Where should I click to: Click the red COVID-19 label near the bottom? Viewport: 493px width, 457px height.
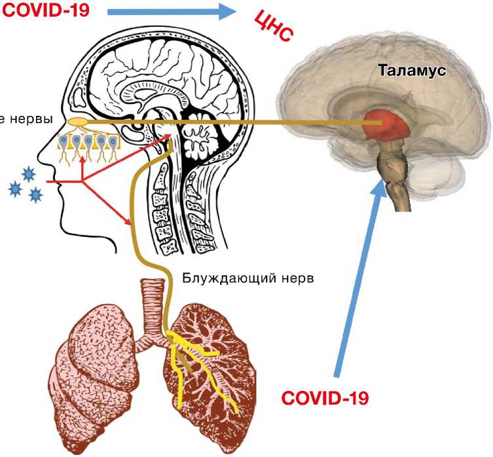click(x=325, y=397)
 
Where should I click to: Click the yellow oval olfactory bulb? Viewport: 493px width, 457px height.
click(x=77, y=122)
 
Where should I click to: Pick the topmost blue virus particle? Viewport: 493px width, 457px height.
click(x=29, y=174)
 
